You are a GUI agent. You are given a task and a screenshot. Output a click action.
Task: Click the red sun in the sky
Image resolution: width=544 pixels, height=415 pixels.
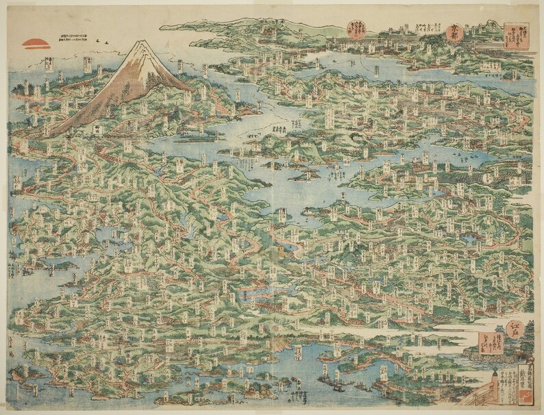pyautogui.click(x=36, y=43)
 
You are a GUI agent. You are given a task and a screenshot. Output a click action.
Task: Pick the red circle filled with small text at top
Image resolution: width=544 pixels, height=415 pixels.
pyautogui.click(x=357, y=28)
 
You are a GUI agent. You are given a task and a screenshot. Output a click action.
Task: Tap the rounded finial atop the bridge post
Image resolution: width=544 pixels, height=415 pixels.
pyautogui.click(x=493, y=375)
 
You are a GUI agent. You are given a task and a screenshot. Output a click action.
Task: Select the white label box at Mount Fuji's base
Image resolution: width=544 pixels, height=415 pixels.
pyautogui.click(x=98, y=128)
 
